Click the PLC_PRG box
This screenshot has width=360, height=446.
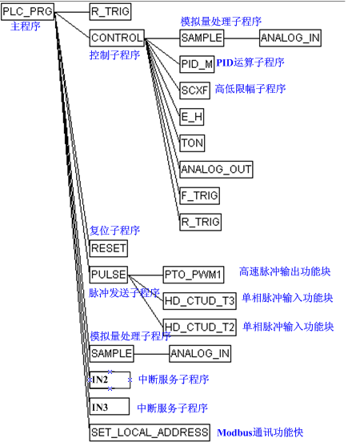click(x=27, y=12)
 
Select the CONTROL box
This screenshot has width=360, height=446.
click(x=117, y=38)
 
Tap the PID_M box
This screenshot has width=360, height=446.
click(x=197, y=64)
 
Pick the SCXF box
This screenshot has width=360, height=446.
click(x=194, y=90)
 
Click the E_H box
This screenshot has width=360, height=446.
click(x=192, y=117)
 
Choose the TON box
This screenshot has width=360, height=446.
click(x=192, y=143)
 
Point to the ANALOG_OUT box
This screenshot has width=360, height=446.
click(x=216, y=170)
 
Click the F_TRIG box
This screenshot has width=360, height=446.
click(x=199, y=195)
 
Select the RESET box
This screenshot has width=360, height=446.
click(x=109, y=248)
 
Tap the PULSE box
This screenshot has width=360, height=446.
click(x=109, y=275)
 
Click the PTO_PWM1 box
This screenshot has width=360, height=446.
click(x=194, y=275)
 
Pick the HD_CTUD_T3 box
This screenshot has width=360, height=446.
click(x=199, y=301)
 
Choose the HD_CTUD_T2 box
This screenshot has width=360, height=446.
click(x=199, y=327)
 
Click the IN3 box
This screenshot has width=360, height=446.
click(x=110, y=407)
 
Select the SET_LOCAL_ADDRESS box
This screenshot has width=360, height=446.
click(x=150, y=432)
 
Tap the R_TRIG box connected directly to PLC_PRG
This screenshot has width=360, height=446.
click(x=110, y=12)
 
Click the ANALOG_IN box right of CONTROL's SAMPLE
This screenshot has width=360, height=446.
click(x=290, y=38)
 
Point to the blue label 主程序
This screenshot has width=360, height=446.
click(x=26, y=26)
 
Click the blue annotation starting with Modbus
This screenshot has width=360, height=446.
click(x=260, y=432)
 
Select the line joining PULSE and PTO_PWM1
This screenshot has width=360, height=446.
click(x=146, y=275)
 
